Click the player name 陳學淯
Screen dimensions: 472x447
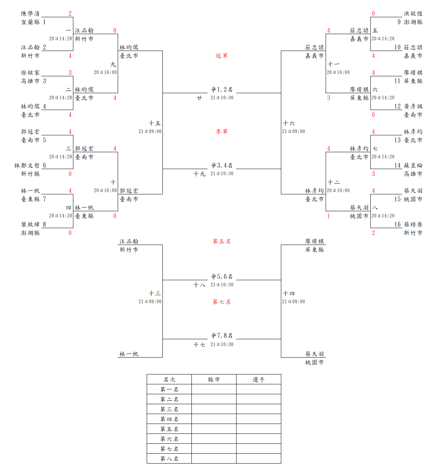click(30, 14)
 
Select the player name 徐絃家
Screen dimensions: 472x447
click(30, 73)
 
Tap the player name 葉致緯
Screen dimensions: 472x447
click(30, 224)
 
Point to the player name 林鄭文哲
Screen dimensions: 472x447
click(27, 165)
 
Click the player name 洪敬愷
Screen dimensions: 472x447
click(413, 14)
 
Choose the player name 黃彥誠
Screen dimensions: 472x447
click(413, 106)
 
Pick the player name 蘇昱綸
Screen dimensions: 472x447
click(413, 165)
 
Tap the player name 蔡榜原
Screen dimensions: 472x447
click(413, 224)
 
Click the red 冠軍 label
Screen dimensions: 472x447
click(221, 56)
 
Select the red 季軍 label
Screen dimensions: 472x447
click(221, 132)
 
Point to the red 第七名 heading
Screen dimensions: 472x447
click(221, 302)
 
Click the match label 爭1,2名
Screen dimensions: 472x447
click(221, 89)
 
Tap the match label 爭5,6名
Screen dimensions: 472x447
click(221, 277)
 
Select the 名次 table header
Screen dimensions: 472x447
click(169, 380)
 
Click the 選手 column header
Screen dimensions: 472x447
click(259, 380)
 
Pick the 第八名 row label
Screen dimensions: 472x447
click(169, 459)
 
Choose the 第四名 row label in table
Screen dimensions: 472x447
click(169, 419)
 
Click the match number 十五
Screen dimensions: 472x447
click(154, 123)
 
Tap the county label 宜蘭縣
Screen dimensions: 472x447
click(30, 22)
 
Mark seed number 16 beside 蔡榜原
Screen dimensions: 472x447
click(397, 224)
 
